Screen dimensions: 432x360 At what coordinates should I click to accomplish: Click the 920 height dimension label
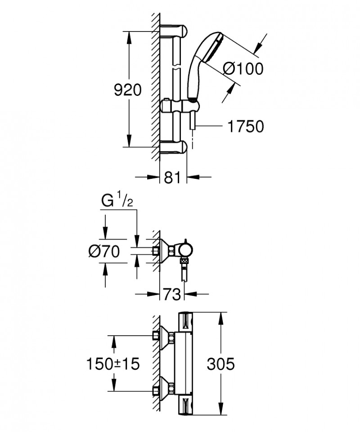(x=127, y=90)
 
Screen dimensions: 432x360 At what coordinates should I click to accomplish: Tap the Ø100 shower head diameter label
(x=243, y=69)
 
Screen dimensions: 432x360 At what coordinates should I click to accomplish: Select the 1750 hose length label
(x=245, y=127)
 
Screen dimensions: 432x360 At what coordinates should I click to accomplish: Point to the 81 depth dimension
(x=172, y=177)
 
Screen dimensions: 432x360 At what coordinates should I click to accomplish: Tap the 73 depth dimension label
(x=172, y=295)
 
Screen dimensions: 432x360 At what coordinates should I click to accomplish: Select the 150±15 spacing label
(x=112, y=364)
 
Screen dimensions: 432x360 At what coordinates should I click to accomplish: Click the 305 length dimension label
(x=220, y=364)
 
